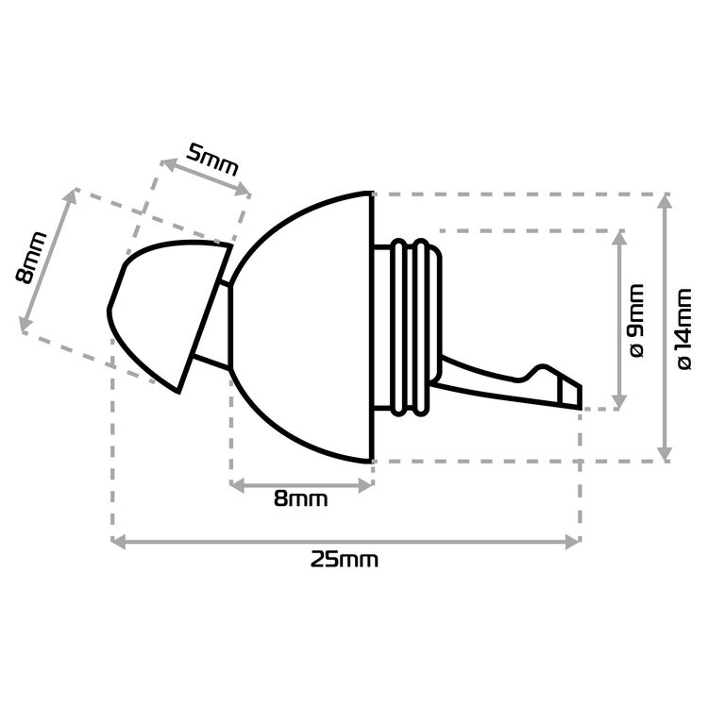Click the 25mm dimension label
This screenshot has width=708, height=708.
[344, 561]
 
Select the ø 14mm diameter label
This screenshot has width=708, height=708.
[685, 329]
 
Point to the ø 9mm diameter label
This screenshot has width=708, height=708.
[636, 320]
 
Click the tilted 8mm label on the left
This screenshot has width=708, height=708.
[31, 258]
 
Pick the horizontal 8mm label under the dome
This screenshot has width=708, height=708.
[301, 499]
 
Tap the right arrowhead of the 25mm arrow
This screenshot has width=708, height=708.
[573, 542]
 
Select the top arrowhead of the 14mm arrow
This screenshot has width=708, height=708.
[665, 201]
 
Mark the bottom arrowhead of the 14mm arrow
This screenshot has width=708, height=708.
[665, 454]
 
